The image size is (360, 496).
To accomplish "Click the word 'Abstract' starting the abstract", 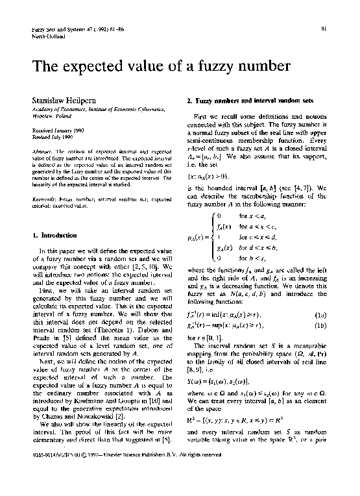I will click(x=42, y=151).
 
